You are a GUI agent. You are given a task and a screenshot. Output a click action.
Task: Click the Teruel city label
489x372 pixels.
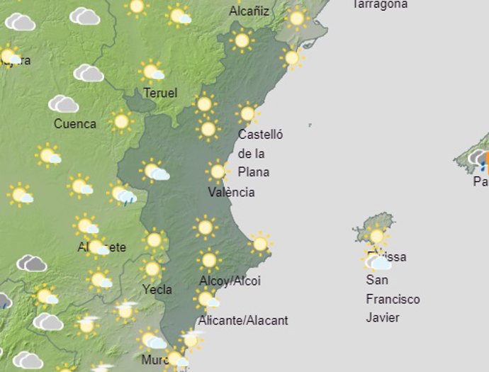[x=160, y=93]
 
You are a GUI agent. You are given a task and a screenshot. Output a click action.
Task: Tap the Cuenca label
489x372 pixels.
[x=75, y=124]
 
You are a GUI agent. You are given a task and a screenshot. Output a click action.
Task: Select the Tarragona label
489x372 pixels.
[x=380, y=4]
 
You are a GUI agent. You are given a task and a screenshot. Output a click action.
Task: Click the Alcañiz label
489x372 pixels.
[x=250, y=11]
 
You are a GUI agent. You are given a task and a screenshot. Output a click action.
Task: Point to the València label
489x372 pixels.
[x=232, y=192]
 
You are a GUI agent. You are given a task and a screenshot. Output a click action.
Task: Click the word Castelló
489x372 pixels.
[x=260, y=135]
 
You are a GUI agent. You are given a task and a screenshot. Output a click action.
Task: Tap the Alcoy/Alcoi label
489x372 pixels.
[x=230, y=281]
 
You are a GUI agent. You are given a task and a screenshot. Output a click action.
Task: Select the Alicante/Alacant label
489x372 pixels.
[x=243, y=320]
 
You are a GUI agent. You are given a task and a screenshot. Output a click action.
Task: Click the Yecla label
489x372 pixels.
[x=157, y=289]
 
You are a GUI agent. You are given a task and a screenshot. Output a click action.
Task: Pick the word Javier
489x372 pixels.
[x=383, y=317]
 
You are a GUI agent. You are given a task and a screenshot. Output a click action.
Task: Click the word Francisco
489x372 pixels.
[x=393, y=299]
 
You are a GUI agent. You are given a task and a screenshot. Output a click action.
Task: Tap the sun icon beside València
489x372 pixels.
[x=218, y=171]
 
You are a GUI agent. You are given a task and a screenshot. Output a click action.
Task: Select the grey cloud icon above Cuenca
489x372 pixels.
[x=63, y=104]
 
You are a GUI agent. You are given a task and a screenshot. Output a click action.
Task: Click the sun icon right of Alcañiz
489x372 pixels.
[x=297, y=18]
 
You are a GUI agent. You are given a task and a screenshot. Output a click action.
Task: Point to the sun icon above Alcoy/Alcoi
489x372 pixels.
[x=208, y=259]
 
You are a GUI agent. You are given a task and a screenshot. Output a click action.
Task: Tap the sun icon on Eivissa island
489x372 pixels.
[x=376, y=236]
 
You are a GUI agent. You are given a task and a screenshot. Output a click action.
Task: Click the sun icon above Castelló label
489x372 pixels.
[x=247, y=113]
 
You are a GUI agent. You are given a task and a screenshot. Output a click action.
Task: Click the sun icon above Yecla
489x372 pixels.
[x=151, y=269]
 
